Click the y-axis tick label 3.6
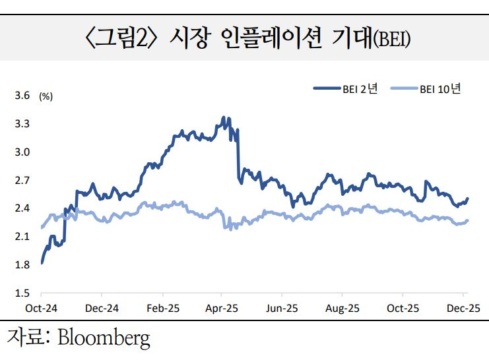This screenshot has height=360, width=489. (x=22, y=96)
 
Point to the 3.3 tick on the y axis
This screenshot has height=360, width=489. (x=22, y=124)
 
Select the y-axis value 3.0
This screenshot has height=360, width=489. (x=22, y=152)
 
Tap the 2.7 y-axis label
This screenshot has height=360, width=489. (x=22, y=180)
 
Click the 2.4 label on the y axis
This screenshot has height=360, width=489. (x=22, y=208)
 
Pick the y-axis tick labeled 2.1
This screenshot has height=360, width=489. (x=22, y=237)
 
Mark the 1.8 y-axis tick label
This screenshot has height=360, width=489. (x=22, y=265)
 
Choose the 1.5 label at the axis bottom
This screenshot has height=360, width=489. (x=22, y=293)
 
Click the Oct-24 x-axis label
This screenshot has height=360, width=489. (x=41, y=309)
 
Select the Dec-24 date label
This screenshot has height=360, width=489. (x=102, y=309)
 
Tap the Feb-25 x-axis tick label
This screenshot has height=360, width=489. (x=162, y=309)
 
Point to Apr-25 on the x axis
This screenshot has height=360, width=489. (x=222, y=309)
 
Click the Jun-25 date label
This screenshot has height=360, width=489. (x=282, y=309)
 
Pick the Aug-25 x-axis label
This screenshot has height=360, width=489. (x=343, y=309)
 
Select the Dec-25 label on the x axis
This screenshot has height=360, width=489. (x=464, y=309)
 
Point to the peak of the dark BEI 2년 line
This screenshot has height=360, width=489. (x=224, y=117)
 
